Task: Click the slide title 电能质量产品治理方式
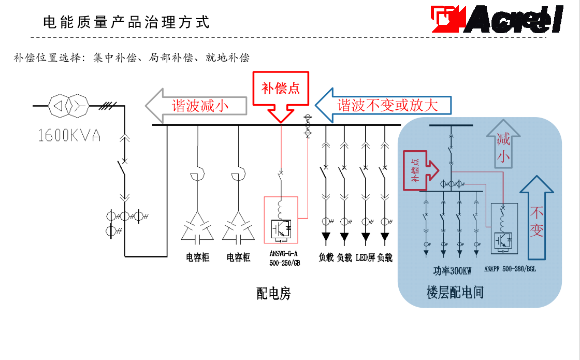tap(126, 22)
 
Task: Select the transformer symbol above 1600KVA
tap(69, 106)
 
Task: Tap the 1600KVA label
tap(69, 136)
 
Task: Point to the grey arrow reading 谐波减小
tap(196, 106)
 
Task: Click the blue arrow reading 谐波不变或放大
tap(383, 106)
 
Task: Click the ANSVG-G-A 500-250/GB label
tap(285, 258)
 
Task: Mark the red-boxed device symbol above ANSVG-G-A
tap(281, 220)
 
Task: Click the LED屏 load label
tap(365, 257)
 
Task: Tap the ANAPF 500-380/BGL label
tap(510, 270)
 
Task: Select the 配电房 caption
tap(273, 294)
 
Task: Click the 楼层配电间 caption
tap(455, 293)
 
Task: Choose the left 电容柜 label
tap(197, 257)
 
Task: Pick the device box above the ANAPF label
tap(503, 228)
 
